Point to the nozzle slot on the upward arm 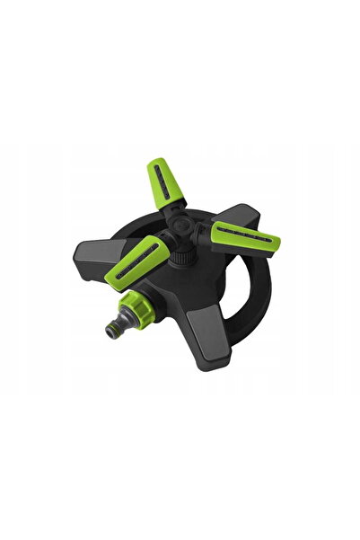(160, 181)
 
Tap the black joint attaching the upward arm (177, 214)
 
